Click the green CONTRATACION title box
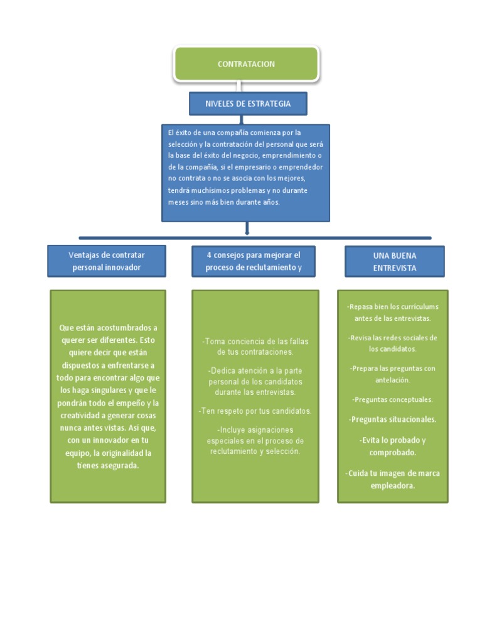pos(246,64)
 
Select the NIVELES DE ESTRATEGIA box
pos(248,104)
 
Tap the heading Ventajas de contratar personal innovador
pos(106,261)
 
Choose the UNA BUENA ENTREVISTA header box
pos(394,261)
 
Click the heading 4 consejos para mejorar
pos(254,261)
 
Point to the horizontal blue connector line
pos(254,238)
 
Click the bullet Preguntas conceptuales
pos(393,399)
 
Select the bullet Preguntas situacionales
pos(393,419)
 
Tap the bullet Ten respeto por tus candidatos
pos(255,411)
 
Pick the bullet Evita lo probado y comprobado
pos(393,446)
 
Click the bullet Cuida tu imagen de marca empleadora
pos(393,479)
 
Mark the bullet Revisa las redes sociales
pos(393,343)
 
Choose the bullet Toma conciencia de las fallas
pos(255,347)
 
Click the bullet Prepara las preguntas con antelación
pos(393,374)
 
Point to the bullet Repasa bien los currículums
pos(393,312)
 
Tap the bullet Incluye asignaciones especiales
pos(255,441)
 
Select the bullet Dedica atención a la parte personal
pos(255,382)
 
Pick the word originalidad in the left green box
pos(129,453)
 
